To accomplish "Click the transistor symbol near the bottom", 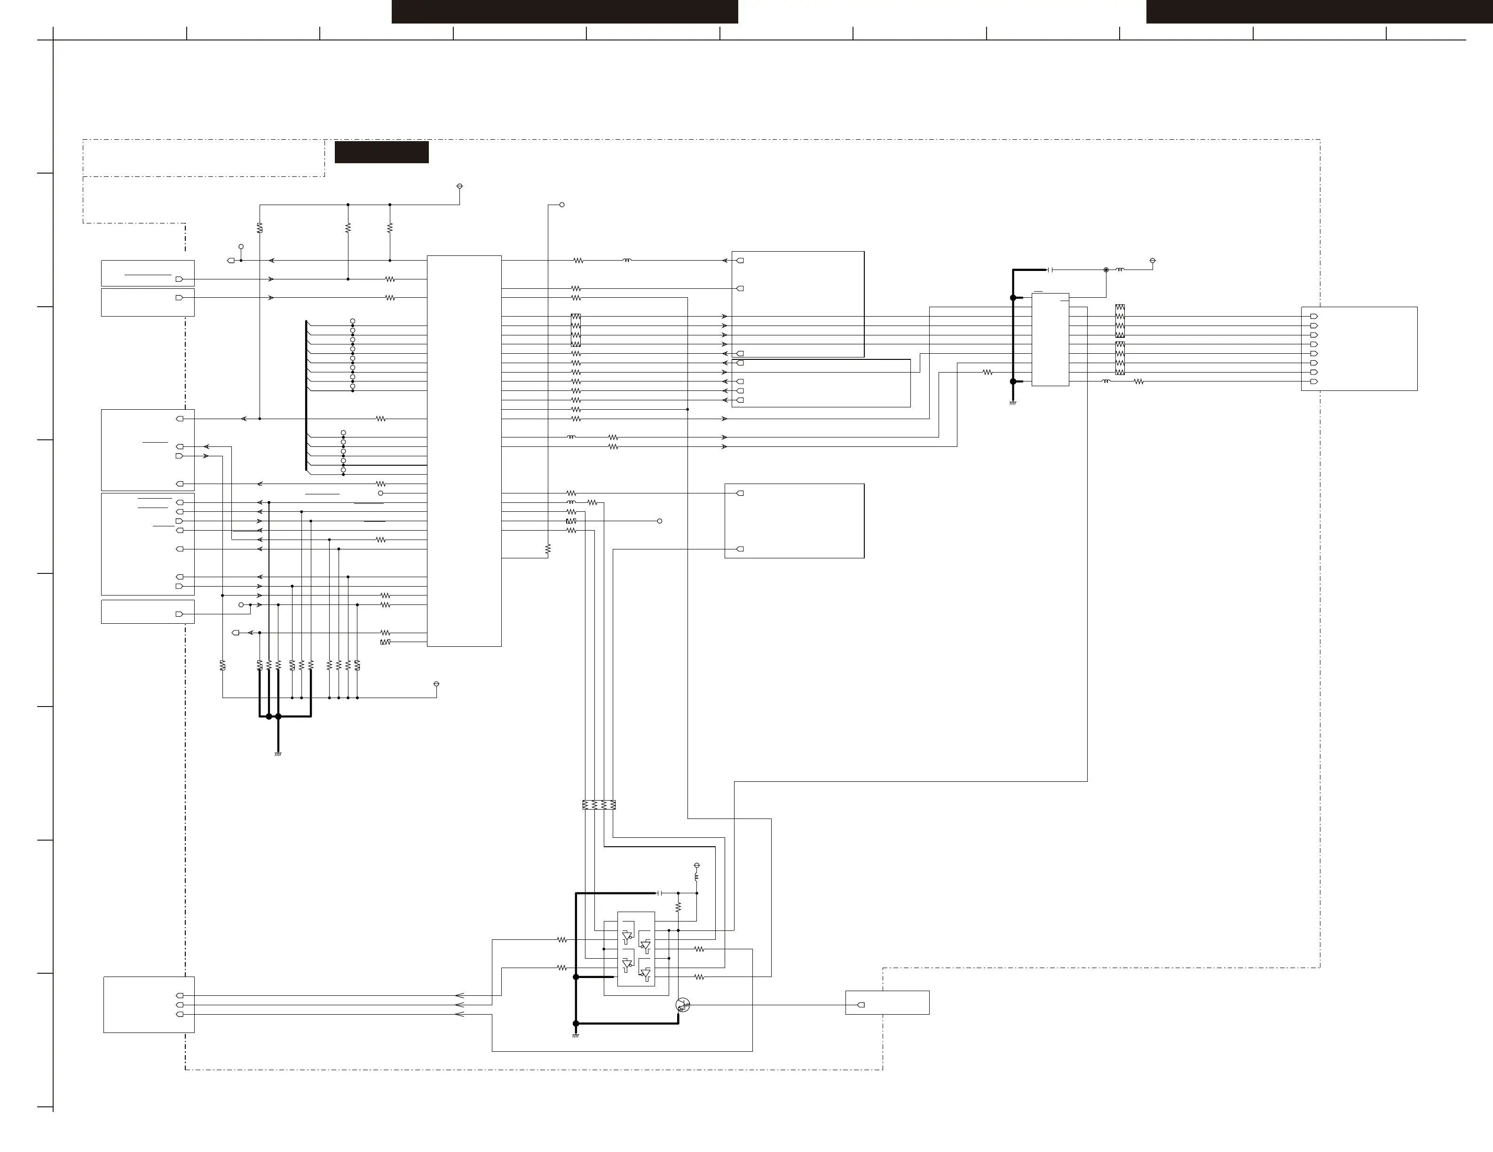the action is click(x=682, y=1004).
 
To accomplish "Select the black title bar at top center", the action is click(x=565, y=12).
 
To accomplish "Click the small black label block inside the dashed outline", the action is click(x=381, y=152).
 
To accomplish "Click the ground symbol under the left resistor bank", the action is click(x=277, y=754).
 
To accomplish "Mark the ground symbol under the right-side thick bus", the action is click(x=1012, y=403).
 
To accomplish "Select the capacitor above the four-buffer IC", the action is click(x=660, y=893).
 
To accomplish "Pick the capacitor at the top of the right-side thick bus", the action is click(x=1050, y=270).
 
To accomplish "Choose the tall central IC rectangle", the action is click(x=464, y=451).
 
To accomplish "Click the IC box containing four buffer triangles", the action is click(x=636, y=948).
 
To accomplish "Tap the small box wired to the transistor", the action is click(x=887, y=1002).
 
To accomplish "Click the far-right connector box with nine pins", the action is click(x=1359, y=349).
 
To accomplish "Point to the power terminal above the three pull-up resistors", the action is click(x=459, y=186).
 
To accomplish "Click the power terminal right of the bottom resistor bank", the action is click(x=436, y=683).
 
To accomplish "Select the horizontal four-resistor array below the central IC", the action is click(x=599, y=805).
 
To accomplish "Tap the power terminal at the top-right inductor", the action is click(x=1153, y=261).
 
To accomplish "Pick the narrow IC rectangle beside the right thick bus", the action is click(x=1050, y=340).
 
